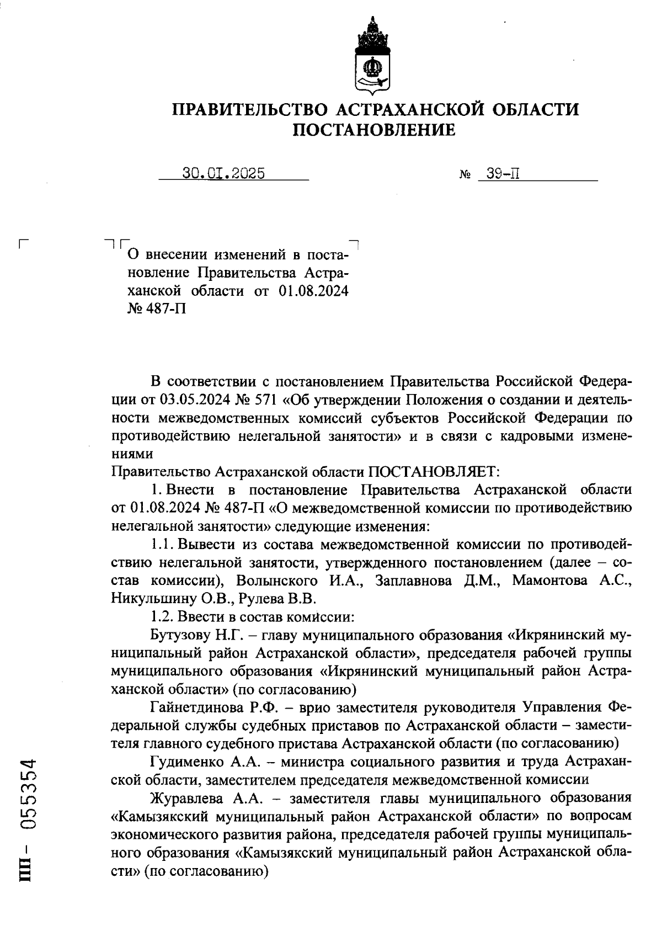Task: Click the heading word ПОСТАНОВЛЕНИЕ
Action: [x=374, y=130]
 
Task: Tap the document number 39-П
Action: [x=499, y=174]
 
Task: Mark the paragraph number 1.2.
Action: [x=162, y=617]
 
